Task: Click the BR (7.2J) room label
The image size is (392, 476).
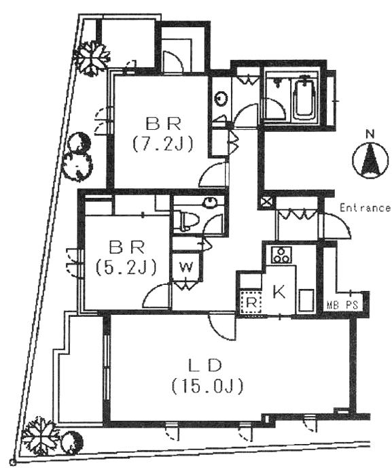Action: pos(162,134)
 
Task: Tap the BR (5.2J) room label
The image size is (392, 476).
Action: pos(126,257)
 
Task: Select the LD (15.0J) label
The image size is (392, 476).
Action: pos(207,376)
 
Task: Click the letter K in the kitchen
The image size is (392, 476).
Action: pos(279,292)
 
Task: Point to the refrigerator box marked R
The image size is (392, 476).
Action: pos(251,303)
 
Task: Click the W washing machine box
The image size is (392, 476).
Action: pos(185,267)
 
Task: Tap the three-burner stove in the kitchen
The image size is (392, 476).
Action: pos(281,255)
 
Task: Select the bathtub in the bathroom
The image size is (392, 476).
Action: pos(305,98)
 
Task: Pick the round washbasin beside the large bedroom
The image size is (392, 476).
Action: pos(221,99)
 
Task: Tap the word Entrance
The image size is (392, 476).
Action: pos(365,208)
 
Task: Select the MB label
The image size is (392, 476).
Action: pos(333,305)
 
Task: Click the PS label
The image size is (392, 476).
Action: pos(352,305)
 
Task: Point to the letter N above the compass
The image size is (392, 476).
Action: pos(370,134)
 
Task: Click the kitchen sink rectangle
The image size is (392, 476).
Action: pos(306,301)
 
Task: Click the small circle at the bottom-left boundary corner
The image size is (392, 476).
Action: pos(12,462)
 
